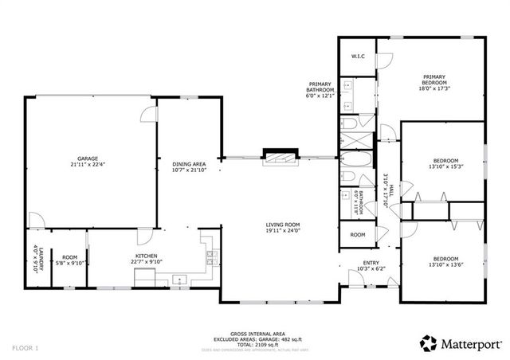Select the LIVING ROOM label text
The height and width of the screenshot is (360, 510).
click(282, 225)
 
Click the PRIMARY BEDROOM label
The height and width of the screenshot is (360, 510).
click(434, 80)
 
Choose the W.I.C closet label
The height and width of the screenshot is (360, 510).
click(358, 57)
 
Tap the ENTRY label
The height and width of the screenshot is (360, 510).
click(371, 262)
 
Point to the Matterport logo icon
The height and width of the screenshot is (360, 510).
click(429, 342)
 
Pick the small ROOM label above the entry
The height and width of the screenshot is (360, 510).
click(357, 235)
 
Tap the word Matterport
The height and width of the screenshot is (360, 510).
click(473, 343)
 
